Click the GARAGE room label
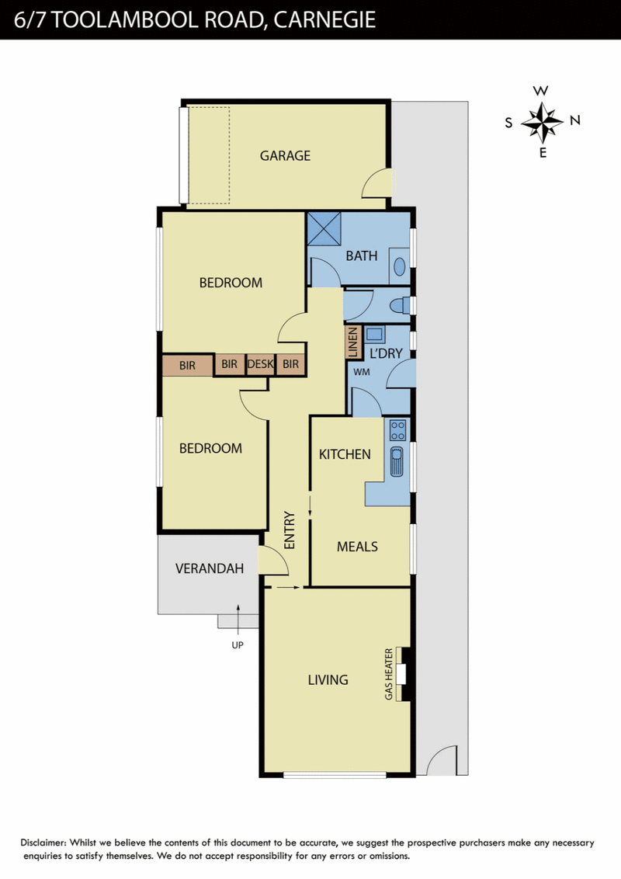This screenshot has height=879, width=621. [285, 155]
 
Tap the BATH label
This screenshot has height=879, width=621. [362, 255]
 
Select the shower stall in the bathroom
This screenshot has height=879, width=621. [324, 229]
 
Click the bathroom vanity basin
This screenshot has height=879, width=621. [400, 266]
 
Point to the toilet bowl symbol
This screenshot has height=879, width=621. [399, 305]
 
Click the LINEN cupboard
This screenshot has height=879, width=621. [352, 342]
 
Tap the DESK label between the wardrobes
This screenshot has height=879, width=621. [261, 364]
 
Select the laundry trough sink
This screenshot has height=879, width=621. [374, 335]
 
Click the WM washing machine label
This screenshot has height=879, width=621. [362, 371]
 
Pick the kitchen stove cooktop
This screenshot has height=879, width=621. [397, 430]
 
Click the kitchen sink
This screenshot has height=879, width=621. [397, 461]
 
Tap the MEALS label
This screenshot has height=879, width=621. [357, 546]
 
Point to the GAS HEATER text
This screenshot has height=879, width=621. [389, 674]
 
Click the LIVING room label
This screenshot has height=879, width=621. [328, 679]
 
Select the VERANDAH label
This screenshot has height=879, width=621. [210, 568]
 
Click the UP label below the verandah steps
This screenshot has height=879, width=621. [238, 645]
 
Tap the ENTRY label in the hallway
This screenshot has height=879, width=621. [290, 530]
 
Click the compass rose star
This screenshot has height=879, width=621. [542, 122]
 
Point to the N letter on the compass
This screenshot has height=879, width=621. [575, 120]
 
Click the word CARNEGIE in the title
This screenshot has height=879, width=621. [324, 19]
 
